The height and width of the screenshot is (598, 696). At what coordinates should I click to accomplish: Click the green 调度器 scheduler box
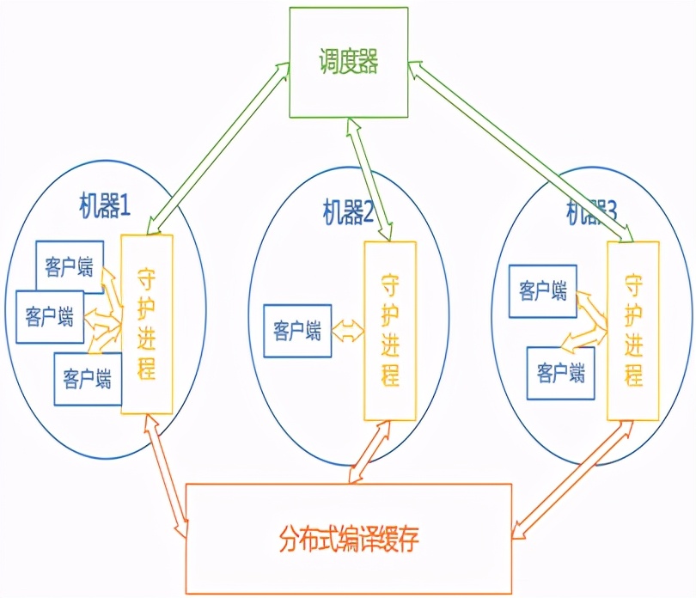point(347,61)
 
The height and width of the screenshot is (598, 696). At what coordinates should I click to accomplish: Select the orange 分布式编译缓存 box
point(349,539)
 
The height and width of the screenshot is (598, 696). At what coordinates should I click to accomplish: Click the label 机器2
point(347,211)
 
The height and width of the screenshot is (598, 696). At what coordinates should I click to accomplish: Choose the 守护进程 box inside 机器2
point(389,331)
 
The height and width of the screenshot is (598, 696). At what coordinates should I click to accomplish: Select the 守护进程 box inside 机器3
point(633,331)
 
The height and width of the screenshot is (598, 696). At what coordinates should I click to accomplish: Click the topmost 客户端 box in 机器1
point(70,267)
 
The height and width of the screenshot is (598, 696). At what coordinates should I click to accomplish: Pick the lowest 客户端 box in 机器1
point(87,378)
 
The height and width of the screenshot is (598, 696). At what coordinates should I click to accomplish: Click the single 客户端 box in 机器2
point(296,330)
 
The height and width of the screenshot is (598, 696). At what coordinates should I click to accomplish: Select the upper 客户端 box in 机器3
point(542,291)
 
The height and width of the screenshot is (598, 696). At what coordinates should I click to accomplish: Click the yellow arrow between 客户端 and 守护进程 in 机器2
point(347,330)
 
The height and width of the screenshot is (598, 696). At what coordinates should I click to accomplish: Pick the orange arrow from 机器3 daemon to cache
point(567,477)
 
